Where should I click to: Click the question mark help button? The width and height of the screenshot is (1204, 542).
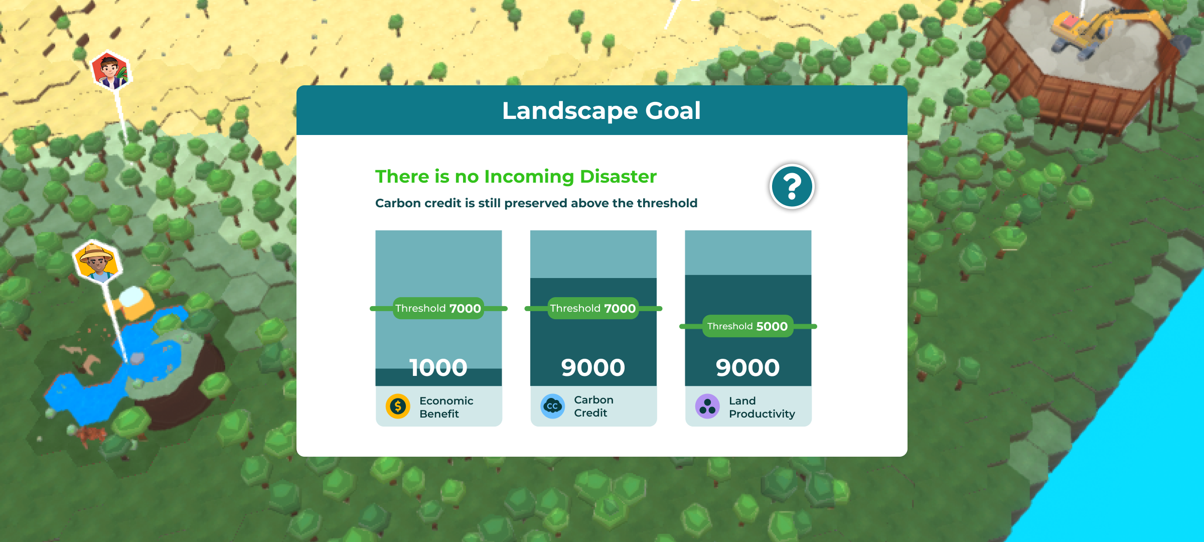(x=792, y=187)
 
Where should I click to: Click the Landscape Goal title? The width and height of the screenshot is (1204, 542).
(x=601, y=110)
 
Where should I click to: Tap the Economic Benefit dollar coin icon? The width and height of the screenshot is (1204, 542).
(x=398, y=406)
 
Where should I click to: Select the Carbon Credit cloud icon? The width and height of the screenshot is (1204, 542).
(x=552, y=406)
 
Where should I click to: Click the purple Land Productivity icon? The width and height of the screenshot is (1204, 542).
(x=707, y=406)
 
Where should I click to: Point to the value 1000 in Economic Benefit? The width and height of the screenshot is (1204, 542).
(x=438, y=367)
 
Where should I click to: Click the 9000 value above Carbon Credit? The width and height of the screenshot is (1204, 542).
(x=593, y=367)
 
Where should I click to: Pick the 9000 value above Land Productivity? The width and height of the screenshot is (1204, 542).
(x=747, y=367)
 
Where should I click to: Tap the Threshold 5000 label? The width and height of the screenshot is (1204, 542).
(x=747, y=326)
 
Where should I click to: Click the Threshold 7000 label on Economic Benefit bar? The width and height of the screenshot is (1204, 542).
(x=438, y=308)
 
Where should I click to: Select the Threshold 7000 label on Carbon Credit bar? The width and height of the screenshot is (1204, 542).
(x=593, y=308)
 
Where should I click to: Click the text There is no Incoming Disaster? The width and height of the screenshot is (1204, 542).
(x=516, y=177)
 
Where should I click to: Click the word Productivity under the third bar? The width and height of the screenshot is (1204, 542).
(x=762, y=414)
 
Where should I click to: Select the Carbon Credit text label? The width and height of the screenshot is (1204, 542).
(x=593, y=406)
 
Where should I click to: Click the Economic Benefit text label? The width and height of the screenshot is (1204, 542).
(x=446, y=407)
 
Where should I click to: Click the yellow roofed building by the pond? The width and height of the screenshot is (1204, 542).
(x=133, y=302)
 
